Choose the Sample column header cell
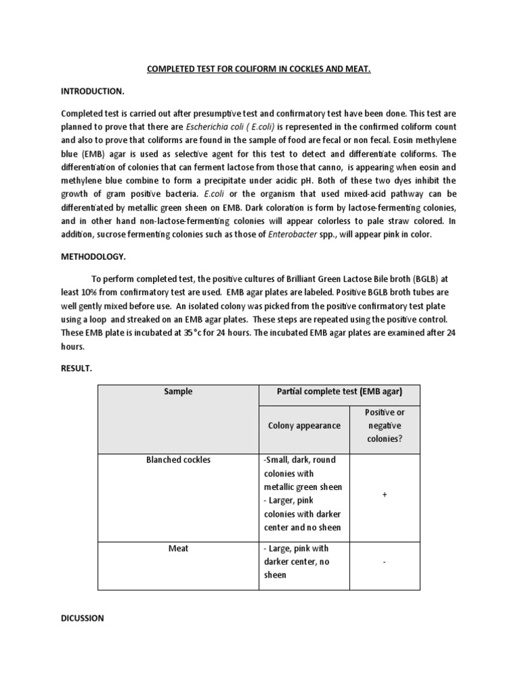[178, 391]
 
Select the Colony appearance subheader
[304, 425]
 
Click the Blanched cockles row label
[178, 460]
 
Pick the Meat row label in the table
[178, 549]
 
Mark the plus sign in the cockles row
[384, 495]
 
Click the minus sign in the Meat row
[384, 561]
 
